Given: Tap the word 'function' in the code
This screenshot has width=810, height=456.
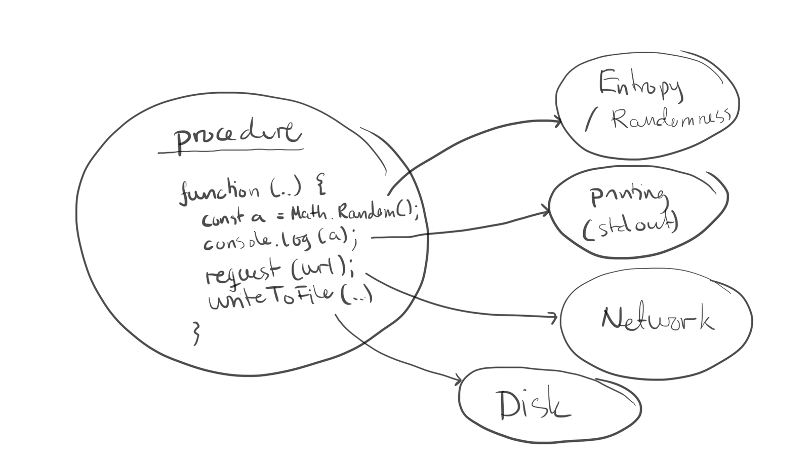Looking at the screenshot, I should point(219,192).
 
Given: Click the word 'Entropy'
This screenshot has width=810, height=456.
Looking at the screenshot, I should point(641,85).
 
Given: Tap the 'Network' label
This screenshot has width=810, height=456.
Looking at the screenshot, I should point(658,319).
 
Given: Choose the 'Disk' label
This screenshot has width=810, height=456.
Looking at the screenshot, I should point(533,405).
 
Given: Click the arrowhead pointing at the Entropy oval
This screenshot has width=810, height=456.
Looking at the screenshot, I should point(558,122).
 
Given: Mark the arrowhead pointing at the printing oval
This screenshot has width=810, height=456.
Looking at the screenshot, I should point(547,211).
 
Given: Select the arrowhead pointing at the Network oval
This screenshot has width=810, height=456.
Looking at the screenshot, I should point(554,318).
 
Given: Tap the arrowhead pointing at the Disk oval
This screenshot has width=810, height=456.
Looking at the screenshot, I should point(458,380).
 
